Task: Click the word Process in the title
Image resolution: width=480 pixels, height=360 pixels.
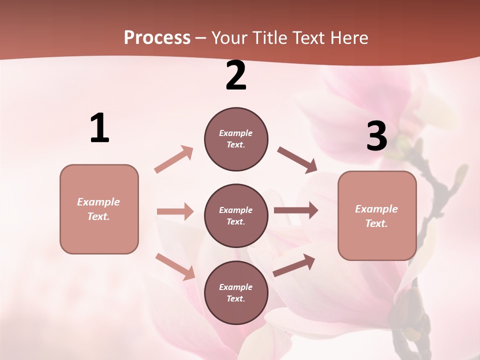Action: coord(157,38)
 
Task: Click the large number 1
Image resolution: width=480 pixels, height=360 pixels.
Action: coord(99,128)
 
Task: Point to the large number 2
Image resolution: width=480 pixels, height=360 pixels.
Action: coord(236,76)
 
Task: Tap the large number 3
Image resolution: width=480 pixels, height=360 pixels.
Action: coord(376,136)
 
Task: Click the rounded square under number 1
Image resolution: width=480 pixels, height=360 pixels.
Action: coord(99,209)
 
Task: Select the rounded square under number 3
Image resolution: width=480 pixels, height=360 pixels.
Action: coord(377,215)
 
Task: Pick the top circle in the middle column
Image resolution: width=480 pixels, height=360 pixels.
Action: coord(236,139)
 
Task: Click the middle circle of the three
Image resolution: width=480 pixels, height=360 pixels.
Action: coord(236,215)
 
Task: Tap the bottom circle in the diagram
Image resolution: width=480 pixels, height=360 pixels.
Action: coord(236,292)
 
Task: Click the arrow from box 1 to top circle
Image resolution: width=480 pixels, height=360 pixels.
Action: coord(173,159)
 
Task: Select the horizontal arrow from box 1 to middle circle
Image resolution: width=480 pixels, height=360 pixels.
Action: coord(175,211)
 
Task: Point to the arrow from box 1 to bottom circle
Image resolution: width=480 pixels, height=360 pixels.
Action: coord(175,266)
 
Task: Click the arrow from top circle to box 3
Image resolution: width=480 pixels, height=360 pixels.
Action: coord(297,159)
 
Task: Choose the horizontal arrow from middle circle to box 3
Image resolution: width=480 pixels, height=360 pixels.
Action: coord(296,210)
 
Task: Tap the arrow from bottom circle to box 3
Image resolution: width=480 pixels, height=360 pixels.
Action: coord(294,265)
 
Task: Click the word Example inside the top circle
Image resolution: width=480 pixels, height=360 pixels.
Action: coord(236,133)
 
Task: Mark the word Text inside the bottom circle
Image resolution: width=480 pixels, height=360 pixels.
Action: coord(235,298)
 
